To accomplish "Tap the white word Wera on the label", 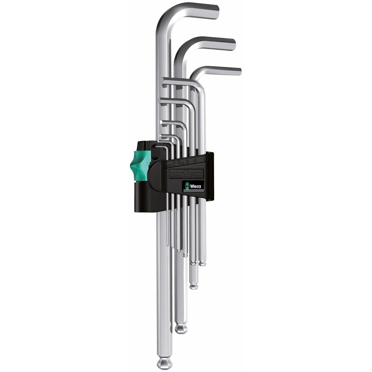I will click(195, 186).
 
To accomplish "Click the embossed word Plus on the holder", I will click(197, 175).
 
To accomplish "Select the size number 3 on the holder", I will click(187, 161).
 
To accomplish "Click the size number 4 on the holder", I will click(195, 160).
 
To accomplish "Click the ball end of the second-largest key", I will click(180, 327).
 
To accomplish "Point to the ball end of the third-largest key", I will click(194, 285).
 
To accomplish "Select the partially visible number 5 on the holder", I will click(205, 158).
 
